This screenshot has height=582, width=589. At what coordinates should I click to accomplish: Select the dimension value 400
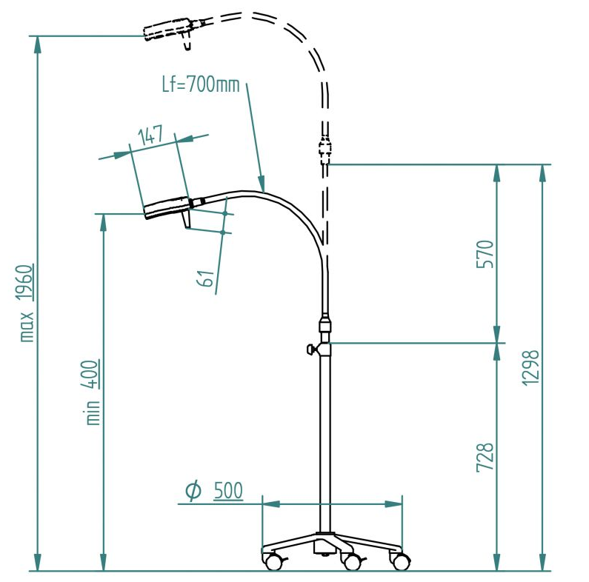pos(93,372)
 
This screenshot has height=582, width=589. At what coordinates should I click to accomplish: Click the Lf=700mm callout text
pos(201,84)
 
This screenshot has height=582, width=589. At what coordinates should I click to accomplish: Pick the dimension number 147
pos(150,135)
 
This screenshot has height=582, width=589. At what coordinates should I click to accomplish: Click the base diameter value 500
pos(227,490)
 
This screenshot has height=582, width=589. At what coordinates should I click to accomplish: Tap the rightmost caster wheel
pos(401,562)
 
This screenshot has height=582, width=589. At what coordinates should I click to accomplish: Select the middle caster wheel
pos(351,563)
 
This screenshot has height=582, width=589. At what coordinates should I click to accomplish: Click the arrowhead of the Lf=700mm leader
pos(261,184)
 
